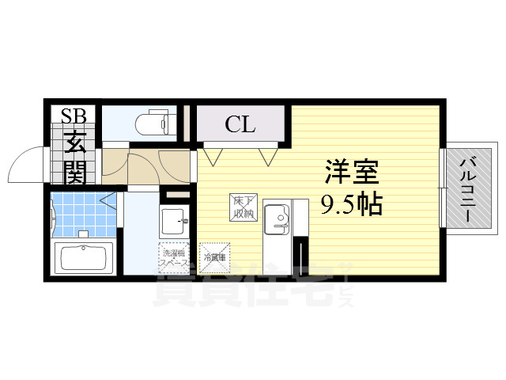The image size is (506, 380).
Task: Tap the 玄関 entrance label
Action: coord(76,158)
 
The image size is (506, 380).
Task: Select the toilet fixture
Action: coord(154,122)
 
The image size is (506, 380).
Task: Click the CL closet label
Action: coord(240,124)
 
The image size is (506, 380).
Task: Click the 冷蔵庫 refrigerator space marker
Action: coord(214,256)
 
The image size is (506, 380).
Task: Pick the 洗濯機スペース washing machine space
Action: coord(173,256)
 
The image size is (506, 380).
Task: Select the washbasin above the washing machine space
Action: coord(172,218)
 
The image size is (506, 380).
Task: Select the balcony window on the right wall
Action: coord(443,188)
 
